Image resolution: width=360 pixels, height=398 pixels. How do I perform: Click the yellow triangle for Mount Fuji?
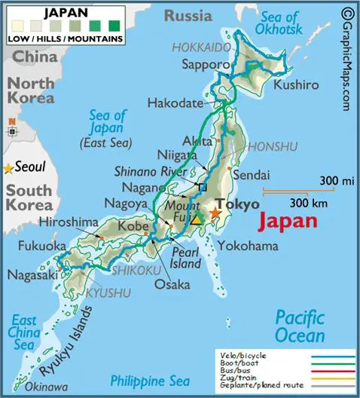(x=197, y=220)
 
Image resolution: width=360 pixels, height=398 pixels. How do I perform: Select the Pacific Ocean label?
(x=299, y=326)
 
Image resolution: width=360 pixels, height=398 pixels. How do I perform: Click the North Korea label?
(x=31, y=91)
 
